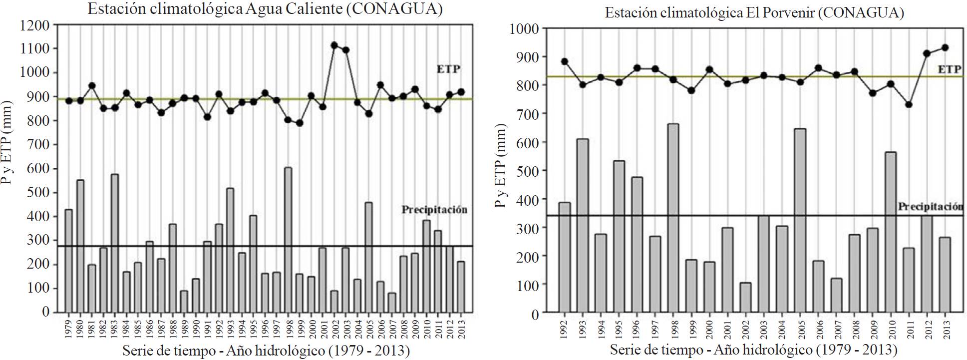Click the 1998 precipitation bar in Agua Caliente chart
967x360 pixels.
pos(288,240)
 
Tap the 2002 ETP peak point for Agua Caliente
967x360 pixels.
pos(334,45)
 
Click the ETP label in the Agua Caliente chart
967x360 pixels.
pos(448,69)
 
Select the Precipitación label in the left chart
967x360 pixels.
pos(434,210)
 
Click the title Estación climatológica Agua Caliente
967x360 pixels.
pos(265,9)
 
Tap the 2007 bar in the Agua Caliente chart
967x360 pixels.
pos(392,302)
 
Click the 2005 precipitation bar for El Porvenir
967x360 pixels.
pos(800,220)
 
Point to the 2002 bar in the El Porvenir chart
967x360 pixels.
pos(745,298)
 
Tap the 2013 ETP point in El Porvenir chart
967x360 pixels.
pos(945,48)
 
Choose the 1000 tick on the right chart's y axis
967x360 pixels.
pos(524,28)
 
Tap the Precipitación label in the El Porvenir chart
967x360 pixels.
pos(930,207)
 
